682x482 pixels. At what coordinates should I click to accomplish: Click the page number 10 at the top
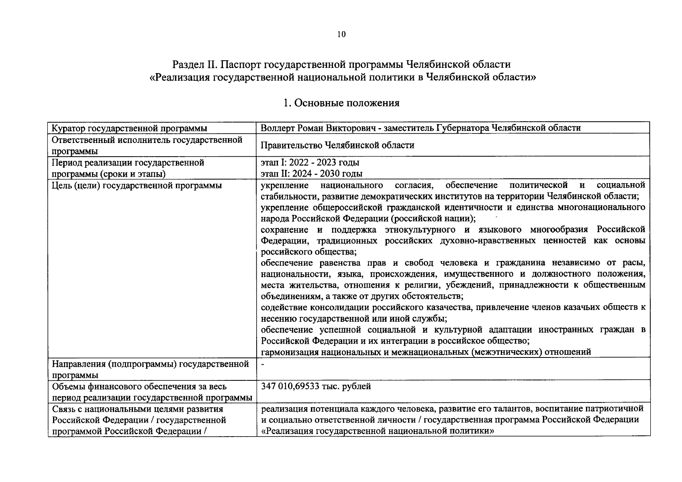[341, 35]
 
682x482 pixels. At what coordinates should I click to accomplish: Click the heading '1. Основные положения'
[341, 103]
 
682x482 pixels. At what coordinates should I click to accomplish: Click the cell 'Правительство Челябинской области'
[337, 145]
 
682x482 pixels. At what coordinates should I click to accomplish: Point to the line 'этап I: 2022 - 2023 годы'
[310, 163]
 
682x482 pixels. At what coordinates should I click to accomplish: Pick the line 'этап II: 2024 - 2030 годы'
[311, 174]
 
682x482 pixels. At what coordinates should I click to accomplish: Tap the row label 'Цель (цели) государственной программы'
[137, 186]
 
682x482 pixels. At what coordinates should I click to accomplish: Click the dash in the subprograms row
[263, 364]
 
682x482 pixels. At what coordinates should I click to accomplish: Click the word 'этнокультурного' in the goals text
[420, 230]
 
